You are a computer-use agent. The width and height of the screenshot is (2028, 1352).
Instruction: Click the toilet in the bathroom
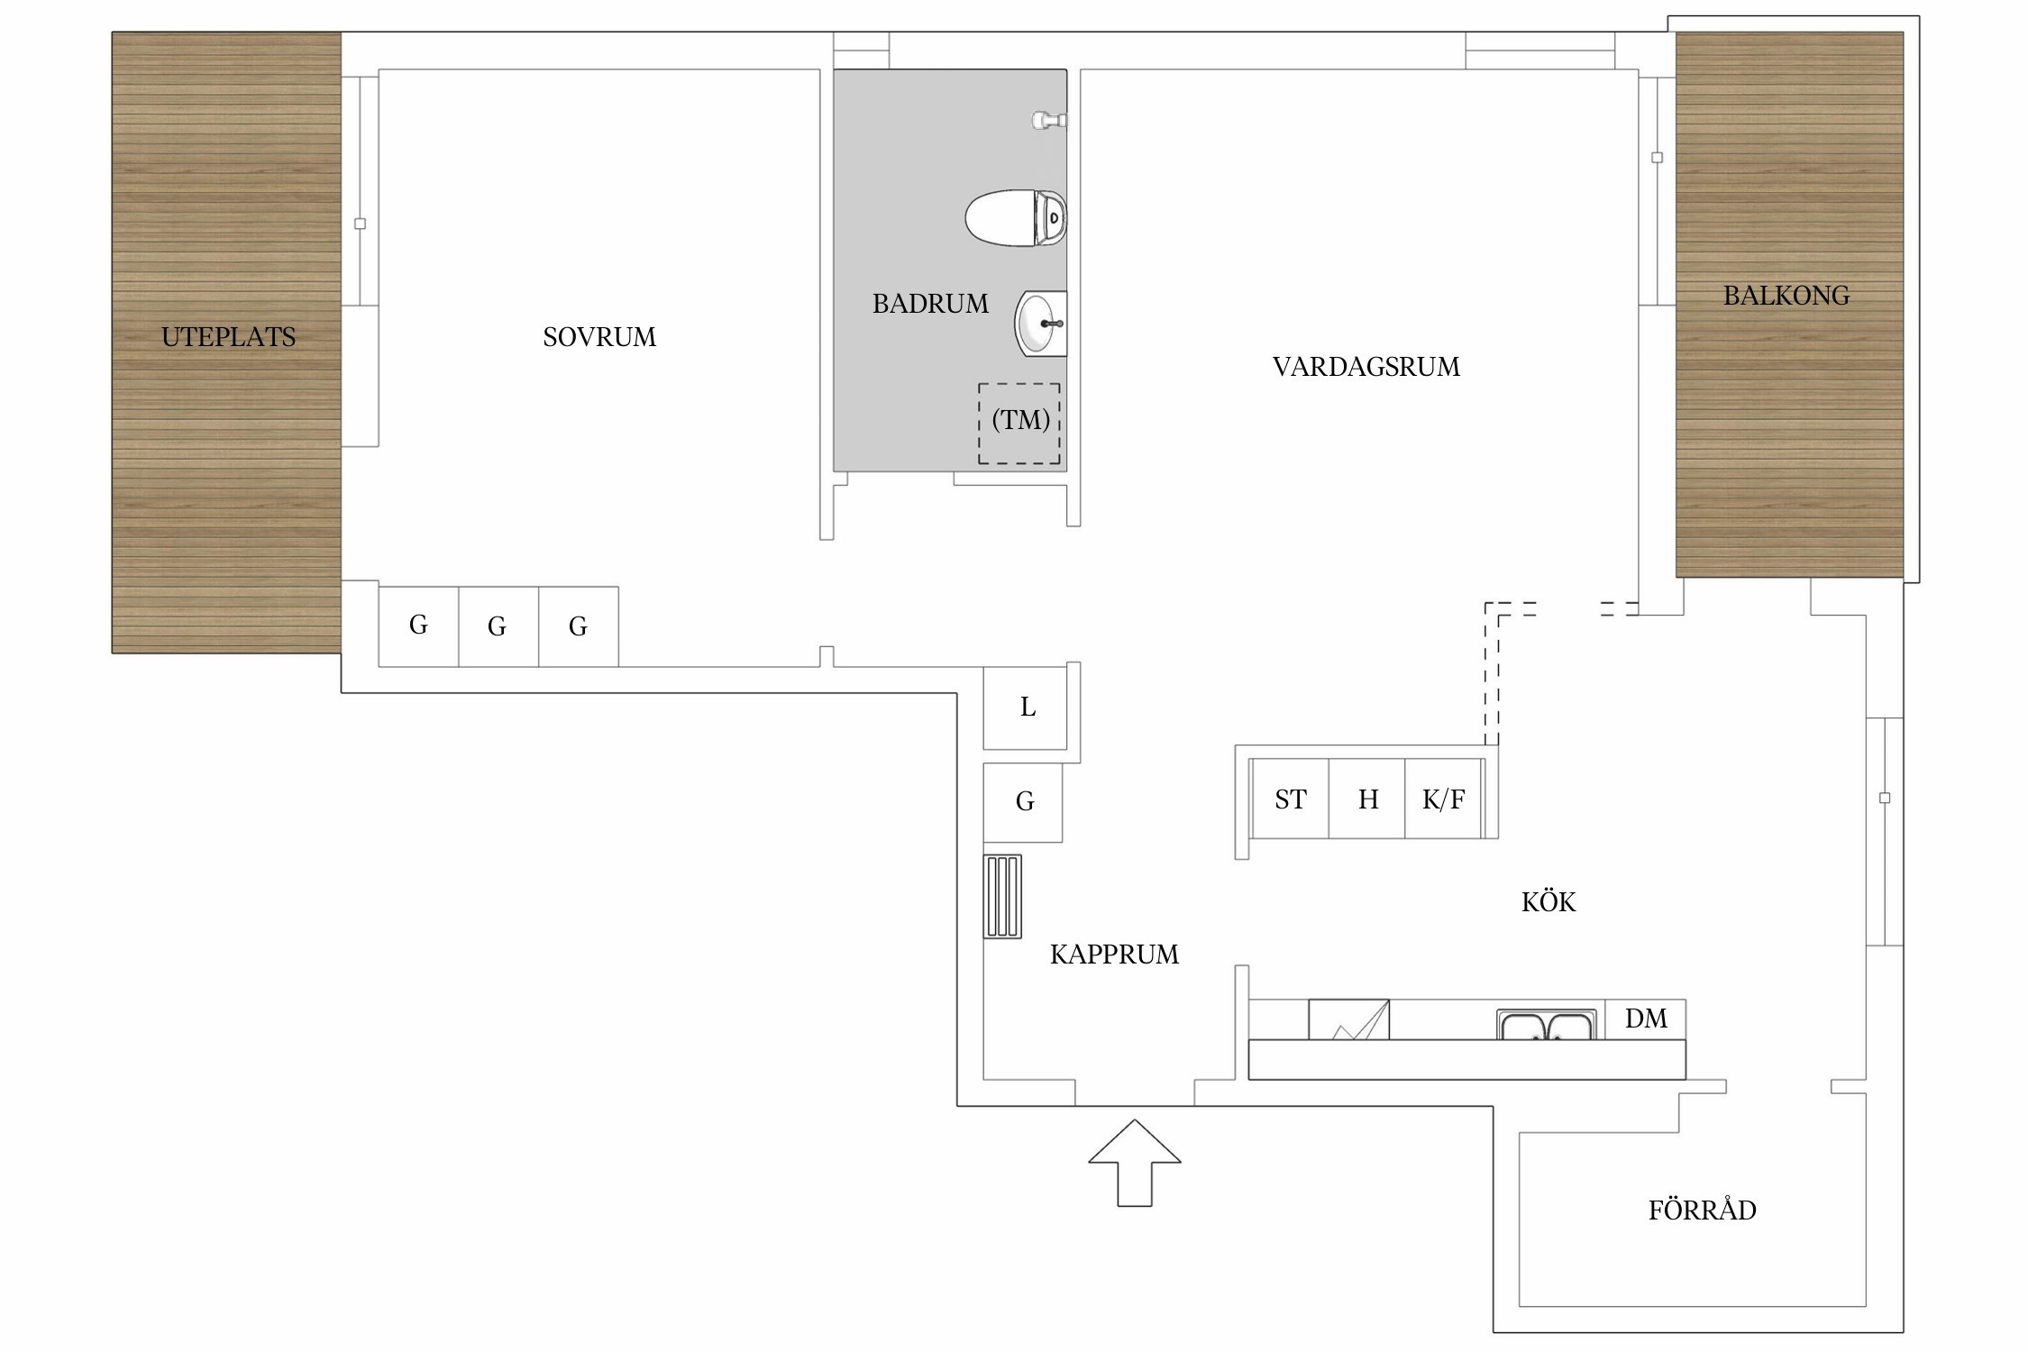point(1016,218)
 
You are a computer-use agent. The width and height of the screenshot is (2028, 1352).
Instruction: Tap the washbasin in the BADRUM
point(1041,324)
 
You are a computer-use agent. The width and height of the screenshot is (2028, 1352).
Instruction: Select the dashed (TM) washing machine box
point(1019,424)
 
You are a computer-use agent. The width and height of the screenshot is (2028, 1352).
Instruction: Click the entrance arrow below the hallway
point(1135,1163)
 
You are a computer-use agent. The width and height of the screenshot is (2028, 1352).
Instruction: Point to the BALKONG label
point(1786,296)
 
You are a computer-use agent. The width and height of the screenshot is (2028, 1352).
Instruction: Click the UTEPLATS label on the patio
point(228,337)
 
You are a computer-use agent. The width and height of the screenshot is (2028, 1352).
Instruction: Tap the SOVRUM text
point(599,337)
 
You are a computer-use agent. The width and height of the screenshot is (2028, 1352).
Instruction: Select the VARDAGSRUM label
point(1366,367)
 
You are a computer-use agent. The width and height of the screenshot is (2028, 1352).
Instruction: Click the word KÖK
point(1548,901)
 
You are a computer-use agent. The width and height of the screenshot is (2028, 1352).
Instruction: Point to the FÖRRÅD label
point(1703,1209)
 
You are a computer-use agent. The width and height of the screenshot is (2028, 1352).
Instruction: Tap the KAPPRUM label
point(1114,955)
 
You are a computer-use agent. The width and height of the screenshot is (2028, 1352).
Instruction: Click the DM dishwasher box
point(1645,1019)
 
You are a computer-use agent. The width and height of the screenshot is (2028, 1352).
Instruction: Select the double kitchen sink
point(1547,1024)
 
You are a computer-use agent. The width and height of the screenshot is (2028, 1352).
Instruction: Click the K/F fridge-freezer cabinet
point(1443,799)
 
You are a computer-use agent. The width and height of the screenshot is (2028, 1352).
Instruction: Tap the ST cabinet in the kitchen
point(1290,799)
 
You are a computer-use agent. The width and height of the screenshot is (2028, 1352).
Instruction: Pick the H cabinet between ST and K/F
point(1367,799)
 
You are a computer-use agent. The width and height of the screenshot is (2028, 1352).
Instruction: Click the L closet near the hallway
point(1026,708)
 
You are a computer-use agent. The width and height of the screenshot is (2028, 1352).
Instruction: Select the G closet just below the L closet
point(1023,802)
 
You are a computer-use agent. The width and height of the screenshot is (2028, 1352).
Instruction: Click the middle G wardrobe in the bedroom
point(498,626)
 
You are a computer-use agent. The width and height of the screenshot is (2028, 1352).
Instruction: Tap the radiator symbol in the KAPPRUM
point(1002,896)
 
